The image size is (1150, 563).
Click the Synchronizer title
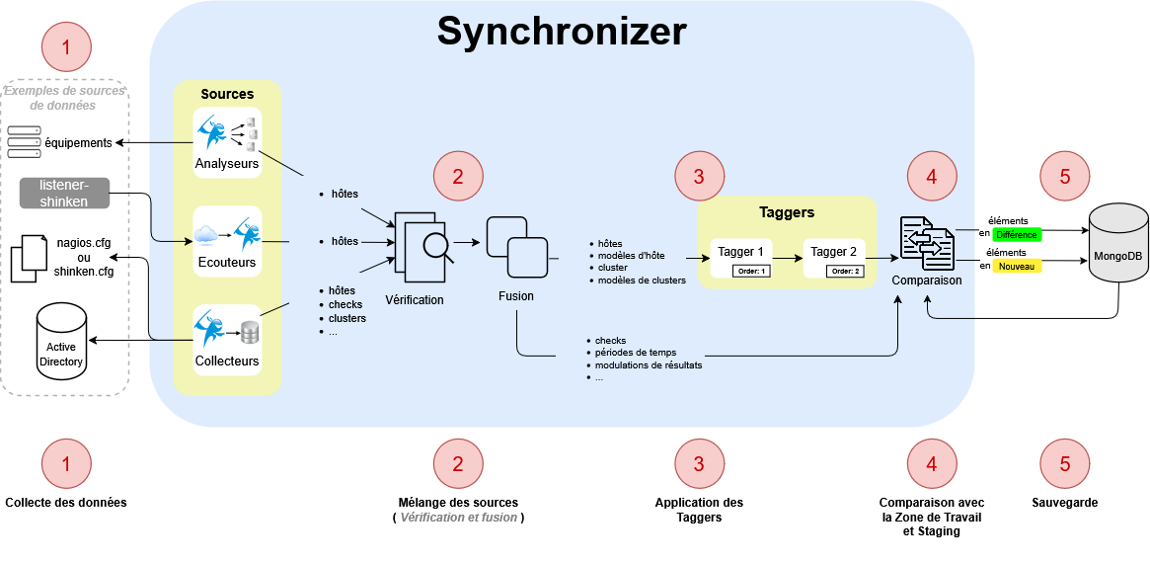[x=562, y=32]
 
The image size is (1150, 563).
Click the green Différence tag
[x=1015, y=235]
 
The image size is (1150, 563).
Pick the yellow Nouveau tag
[x=1015, y=266]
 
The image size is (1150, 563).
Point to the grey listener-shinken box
[x=63, y=194]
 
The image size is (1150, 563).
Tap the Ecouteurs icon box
[x=227, y=241]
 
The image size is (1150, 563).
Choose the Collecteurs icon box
[x=227, y=339]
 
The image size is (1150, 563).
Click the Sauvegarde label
[x=1064, y=503]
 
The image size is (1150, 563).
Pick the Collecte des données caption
[x=66, y=503]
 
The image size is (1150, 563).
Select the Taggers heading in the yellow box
[x=787, y=211]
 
